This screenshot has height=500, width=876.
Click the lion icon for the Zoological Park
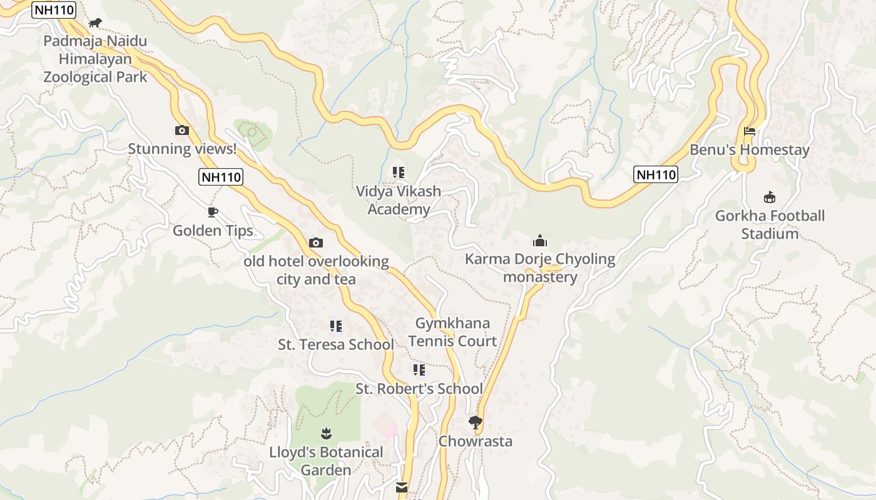pos(95,23)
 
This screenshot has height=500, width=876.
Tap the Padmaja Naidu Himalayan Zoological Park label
pos(95,59)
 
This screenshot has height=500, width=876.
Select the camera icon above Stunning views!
pos(182,130)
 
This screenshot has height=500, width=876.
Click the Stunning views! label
pos(182,149)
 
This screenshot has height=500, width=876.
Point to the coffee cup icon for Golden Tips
pos(213,212)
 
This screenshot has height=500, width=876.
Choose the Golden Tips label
pos(213,231)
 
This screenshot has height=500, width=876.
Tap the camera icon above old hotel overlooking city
pos(316,242)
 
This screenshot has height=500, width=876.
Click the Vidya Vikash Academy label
pos(399,200)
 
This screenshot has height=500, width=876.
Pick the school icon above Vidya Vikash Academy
pos(398,172)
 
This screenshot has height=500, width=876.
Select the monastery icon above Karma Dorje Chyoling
pos(540,240)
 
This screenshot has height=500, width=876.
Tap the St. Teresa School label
pos(336,344)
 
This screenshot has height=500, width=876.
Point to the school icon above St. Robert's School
pos(419,370)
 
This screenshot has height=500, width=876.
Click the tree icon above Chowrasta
pos(476,422)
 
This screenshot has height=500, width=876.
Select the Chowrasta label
pos(476,441)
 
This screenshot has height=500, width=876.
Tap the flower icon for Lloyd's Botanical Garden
pos(325,432)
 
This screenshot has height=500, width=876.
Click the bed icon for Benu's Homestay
pos(750,131)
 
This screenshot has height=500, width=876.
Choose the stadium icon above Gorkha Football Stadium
pos(770,197)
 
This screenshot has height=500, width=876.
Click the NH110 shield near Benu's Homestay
pos(656,174)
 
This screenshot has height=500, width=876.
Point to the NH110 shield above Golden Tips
pos(221,177)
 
